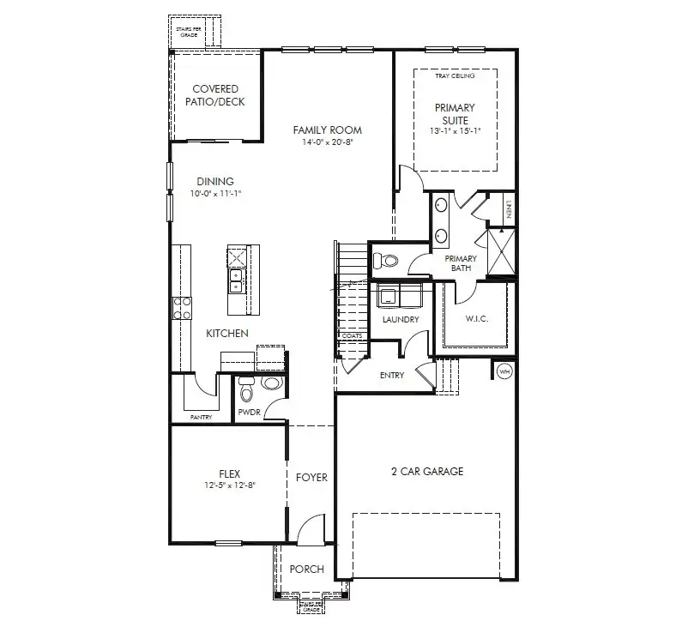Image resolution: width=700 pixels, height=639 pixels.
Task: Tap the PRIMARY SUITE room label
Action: click(454, 114)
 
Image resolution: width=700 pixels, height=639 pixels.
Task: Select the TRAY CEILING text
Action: click(455, 75)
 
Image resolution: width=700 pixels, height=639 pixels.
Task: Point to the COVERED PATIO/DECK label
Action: click(215, 95)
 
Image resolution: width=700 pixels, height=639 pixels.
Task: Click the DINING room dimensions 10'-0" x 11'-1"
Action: click(216, 194)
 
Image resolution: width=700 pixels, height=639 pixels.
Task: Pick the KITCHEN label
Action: click(226, 333)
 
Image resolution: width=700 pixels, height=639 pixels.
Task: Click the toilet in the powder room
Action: click(246, 391)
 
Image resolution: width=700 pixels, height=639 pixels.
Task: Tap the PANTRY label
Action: click(201, 418)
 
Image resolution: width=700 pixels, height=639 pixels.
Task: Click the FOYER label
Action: click(311, 478)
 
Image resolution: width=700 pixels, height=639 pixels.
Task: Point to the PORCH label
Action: click(306, 569)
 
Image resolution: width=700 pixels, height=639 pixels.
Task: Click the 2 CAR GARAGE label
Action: click(426, 472)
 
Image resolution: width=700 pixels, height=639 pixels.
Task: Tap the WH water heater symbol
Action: click(504, 371)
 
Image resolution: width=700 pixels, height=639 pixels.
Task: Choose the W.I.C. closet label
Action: click(476, 320)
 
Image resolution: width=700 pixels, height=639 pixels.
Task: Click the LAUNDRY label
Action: click(401, 320)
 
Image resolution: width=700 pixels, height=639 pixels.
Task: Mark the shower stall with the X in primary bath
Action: click(499, 252)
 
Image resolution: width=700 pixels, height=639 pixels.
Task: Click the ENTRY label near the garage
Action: click(391, 375)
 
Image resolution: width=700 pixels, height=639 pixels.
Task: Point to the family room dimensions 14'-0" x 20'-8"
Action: click(327, 142)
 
